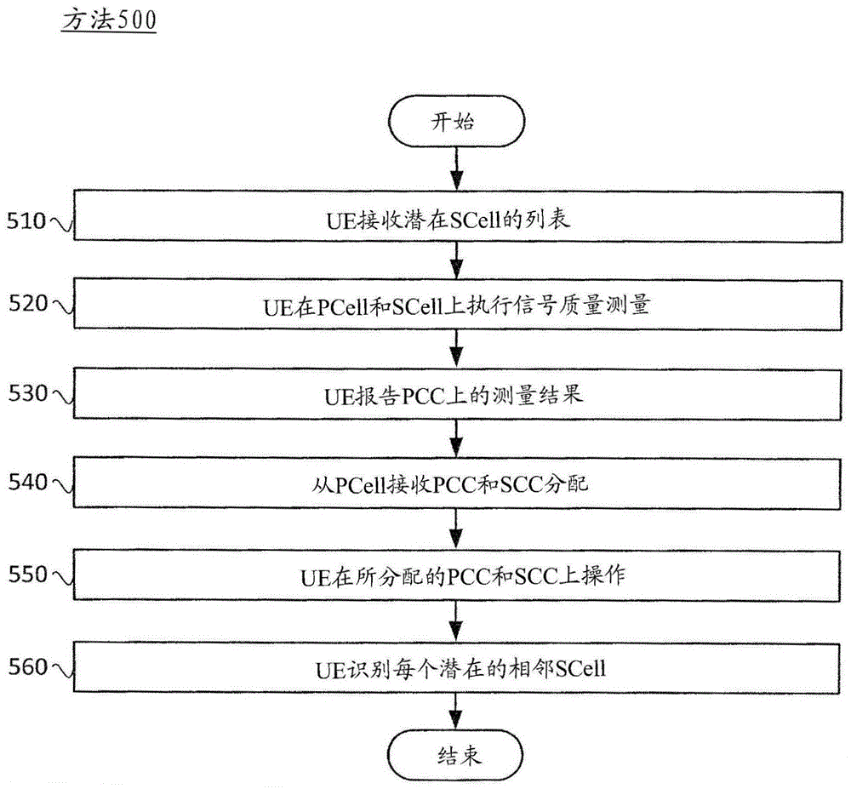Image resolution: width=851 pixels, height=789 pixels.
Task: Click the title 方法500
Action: (109, 20)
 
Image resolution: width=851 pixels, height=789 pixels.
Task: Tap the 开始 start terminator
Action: (456, 122)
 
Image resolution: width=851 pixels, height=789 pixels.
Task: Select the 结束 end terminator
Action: (455, 755)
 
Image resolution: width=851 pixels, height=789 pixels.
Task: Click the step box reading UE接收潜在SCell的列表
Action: (458, 216)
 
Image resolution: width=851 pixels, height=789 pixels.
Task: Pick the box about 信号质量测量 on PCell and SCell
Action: (458, 305)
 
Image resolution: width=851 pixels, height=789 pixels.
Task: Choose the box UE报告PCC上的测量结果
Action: (458, 394)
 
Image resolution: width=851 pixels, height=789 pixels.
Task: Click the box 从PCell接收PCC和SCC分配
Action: (457, 483)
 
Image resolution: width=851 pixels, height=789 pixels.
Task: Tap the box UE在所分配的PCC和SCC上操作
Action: (457, 575)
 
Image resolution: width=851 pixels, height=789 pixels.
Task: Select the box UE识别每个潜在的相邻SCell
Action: (456, 667)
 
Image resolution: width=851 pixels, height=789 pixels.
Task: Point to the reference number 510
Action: (26, 220)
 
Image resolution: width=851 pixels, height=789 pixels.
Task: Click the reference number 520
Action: (28, 303)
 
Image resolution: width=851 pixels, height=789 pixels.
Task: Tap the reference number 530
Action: (28, 393)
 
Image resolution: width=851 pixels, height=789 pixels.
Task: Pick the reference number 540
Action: (28, 482)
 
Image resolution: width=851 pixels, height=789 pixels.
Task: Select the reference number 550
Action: (28, 575)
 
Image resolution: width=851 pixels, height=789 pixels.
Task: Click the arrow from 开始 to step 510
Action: (457, 169)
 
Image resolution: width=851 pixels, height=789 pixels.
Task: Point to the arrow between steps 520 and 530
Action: (457, 349)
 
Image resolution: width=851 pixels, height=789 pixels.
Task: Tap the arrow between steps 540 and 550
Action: (456, 529)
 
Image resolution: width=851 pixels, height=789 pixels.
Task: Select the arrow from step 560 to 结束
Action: (456, 712)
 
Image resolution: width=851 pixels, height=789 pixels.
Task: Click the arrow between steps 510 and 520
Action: (457, 260)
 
